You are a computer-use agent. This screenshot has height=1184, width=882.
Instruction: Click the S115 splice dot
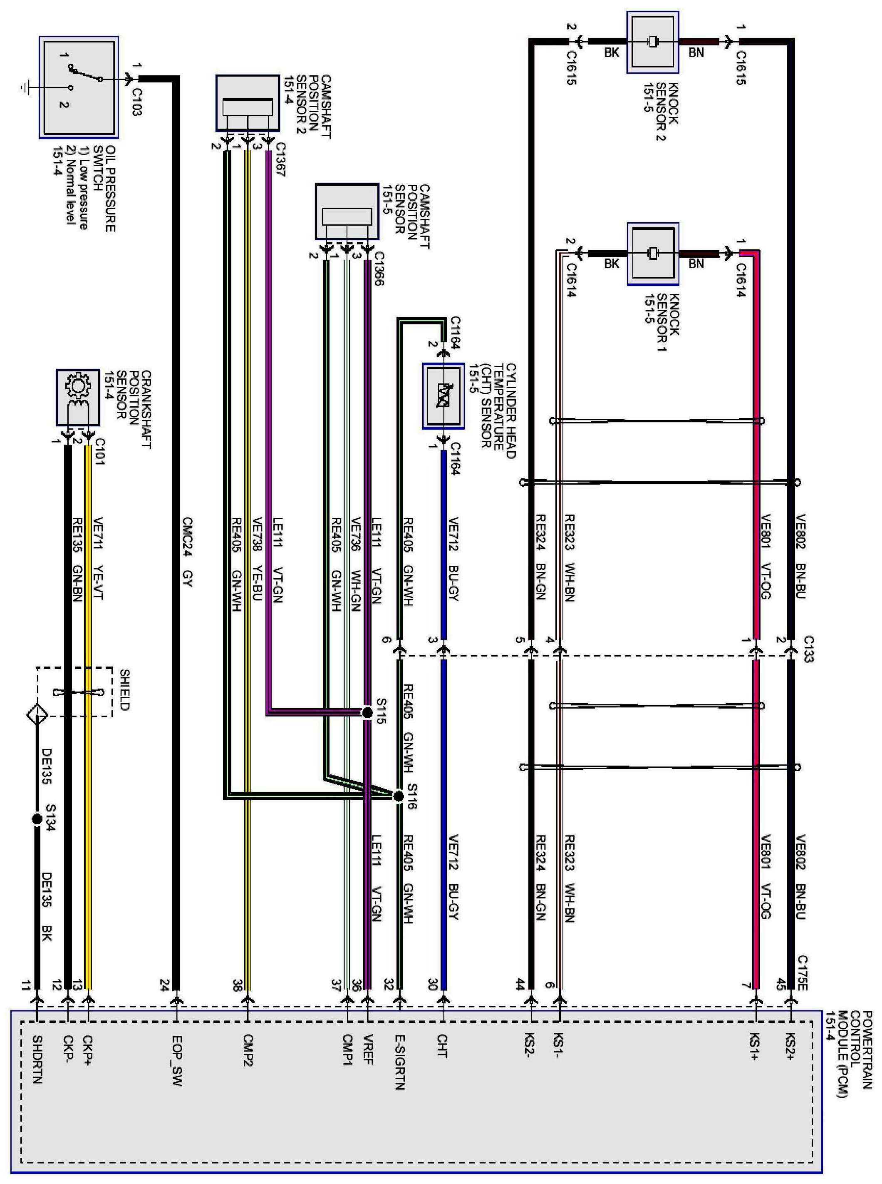pos(367,712)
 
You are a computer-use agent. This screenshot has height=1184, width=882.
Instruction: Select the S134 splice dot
pos(37,818)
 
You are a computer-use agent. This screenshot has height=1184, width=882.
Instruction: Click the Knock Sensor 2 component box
pos(652,42)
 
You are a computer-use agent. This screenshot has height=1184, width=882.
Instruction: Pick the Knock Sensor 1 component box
pos(652,254)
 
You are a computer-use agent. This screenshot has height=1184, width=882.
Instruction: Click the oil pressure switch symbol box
pos(79,87)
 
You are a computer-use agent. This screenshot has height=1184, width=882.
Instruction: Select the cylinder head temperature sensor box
pos(443,396)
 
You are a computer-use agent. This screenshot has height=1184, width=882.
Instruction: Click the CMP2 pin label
pos(248,1050)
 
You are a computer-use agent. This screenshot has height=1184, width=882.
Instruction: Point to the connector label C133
pos(808,649)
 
